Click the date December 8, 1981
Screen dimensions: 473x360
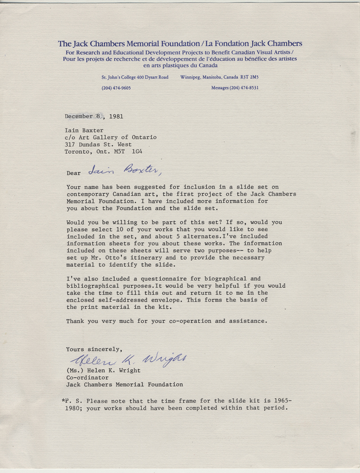tap(95, 116)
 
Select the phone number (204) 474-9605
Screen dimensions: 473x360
tap(116, 88)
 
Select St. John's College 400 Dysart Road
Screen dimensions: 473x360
tap(135, 77)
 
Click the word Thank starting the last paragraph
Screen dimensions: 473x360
tap(76, 321)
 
